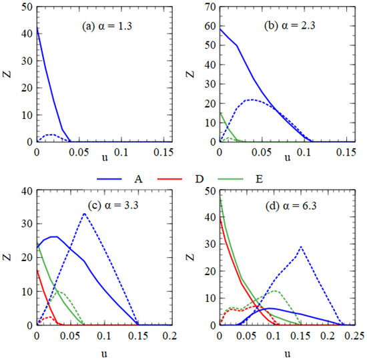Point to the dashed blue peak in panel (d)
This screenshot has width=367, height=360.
coord(302,246)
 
